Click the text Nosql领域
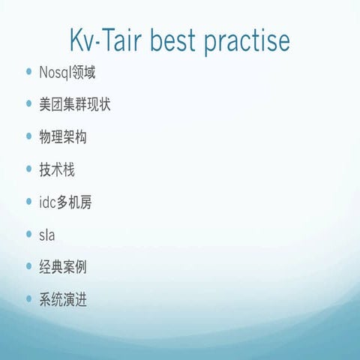(x=67, y=73)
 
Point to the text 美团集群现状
(x=74, y=106)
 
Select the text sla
(x=46, y=235)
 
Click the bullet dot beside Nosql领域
(x=28, y=74)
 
